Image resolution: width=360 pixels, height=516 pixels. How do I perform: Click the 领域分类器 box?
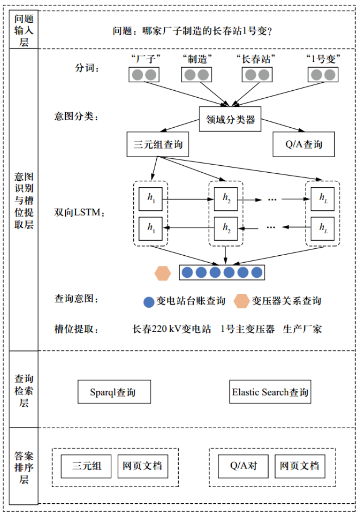pyautogui.click(x=230, y=120)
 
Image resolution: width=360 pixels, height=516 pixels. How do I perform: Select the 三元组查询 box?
pyautogui.click(x=158, y=145)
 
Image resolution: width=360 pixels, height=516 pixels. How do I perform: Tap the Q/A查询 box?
pyautogui.click(x=304, y=145)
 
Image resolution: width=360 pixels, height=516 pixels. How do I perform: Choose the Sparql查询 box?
pyautogui.click(x=114, y=392)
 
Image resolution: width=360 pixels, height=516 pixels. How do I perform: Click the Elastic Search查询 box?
pyautogui.click(x=270, y=392)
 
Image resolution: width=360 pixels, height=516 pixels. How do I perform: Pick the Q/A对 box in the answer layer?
pyautogui.click(x=243, y=466)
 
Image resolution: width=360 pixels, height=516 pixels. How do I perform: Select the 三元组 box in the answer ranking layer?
pyautogui.click(x=86, y=466)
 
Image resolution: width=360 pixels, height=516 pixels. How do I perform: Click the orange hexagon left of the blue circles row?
pyautogui.click(x=163, y=273)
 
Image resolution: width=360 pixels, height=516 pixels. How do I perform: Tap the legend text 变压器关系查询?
pyautogui.click(x=286, y=301)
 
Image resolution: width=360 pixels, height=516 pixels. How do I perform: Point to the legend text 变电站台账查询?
pyautogui.click(x=191, y=301)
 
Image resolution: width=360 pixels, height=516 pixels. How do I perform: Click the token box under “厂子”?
pyautogui.click(x=144, y=75)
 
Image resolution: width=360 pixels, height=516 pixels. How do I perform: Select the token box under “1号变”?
pyautogui.click(x=323, y=75)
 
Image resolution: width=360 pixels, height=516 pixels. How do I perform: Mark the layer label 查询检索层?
pyautogui.click(x=24, y=390)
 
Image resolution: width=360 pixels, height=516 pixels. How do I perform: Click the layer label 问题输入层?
pyautogui.click(x=24, y=30)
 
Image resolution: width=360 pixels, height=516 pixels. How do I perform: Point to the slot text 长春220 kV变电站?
pyautogui.click(x=172, y=329)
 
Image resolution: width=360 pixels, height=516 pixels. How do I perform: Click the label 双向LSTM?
pyautogui.click(x=79, y=213)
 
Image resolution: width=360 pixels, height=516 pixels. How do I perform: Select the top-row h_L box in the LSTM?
pyautogui.click(x=322, y=199)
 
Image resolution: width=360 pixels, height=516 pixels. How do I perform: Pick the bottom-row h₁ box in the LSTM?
pyautogui.click(x=151, y=228)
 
